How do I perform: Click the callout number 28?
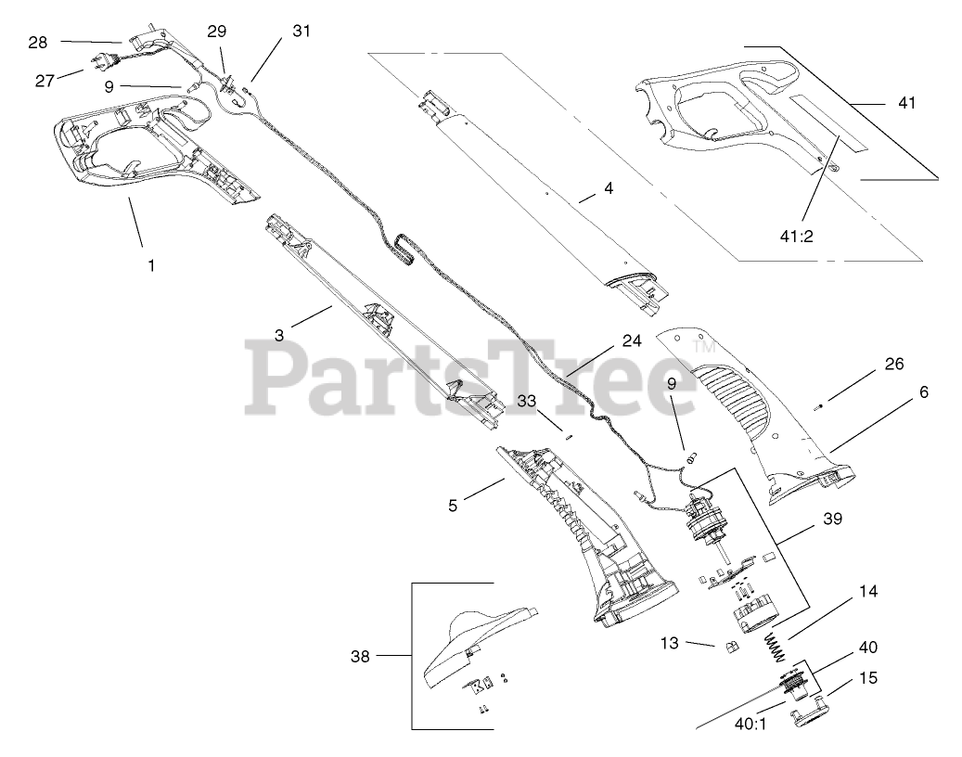[x=37, y=42]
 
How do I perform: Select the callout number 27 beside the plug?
[x=45, y=81]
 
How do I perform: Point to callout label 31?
[x=301, y=31]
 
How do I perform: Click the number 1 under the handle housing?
[x=151, y=264]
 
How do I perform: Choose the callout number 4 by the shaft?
[x=609, y=188]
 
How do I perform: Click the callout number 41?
[x=906, y=103]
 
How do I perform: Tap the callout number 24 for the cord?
[x=632, y=341]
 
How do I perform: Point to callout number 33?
[x=527, y=401]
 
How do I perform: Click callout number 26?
[x=893, y=364]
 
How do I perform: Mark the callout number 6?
[x=923, y=392]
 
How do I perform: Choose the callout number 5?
[x=453, y=506]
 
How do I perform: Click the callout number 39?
[x=832, y=520]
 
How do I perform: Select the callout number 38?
[x=360, y=657]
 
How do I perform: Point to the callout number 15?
[x=867, y=678]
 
